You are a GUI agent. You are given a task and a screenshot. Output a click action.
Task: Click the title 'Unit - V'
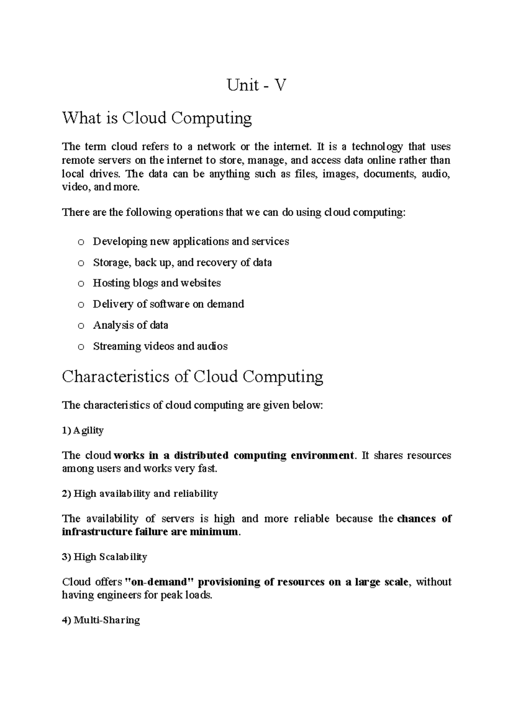point(256,86)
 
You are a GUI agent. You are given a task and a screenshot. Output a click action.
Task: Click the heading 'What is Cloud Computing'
point(157,118)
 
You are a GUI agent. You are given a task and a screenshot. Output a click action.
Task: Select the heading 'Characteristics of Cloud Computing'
point(192,377)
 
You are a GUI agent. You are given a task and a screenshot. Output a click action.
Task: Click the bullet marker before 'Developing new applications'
point(81,242)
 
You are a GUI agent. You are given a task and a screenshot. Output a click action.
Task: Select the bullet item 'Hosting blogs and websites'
point(156,283)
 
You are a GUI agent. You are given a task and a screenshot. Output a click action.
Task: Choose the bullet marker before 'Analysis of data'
point(81,326)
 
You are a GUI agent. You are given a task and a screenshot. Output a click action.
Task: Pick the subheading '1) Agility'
point(83,430)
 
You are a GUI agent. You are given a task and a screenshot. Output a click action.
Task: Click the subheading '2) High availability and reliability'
point(140,494)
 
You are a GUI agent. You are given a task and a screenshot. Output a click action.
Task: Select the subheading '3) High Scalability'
point(105,557)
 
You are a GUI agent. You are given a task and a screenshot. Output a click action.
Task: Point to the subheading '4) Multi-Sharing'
point(101,620)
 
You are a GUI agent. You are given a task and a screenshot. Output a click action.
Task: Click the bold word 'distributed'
point(201,456)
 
